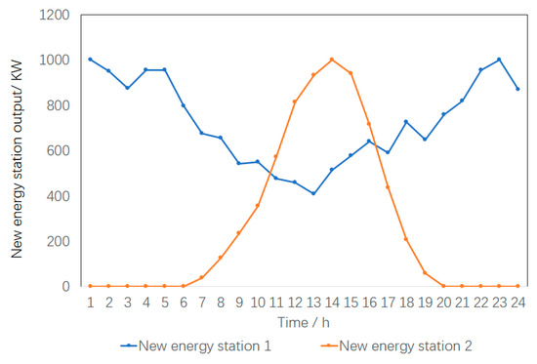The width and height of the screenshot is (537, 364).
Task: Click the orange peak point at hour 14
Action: pos(332,60)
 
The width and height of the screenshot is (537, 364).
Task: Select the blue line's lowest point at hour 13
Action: pos(313,193)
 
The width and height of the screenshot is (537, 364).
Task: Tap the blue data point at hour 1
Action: pos(90,60)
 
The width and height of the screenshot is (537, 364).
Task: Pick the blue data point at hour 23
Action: pos(499,60)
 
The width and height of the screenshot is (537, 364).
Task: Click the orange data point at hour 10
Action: pos(258,205)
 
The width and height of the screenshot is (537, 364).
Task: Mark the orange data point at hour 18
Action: pos(406,239)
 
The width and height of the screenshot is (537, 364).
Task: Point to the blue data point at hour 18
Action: pos(406,122)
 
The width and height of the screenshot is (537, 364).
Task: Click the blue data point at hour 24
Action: pos(517,89)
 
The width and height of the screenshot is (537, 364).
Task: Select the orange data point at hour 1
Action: pos(90,286)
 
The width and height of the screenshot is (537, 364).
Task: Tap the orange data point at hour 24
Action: pos(517,286)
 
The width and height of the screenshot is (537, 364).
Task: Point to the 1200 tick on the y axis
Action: pos(55,16)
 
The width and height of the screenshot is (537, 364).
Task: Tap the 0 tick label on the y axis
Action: pos(66,287)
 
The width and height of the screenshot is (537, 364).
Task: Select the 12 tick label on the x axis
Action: pos(295,303)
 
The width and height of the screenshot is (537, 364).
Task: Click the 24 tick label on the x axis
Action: pos(517,303)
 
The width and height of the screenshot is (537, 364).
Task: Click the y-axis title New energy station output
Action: pos(18,151)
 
